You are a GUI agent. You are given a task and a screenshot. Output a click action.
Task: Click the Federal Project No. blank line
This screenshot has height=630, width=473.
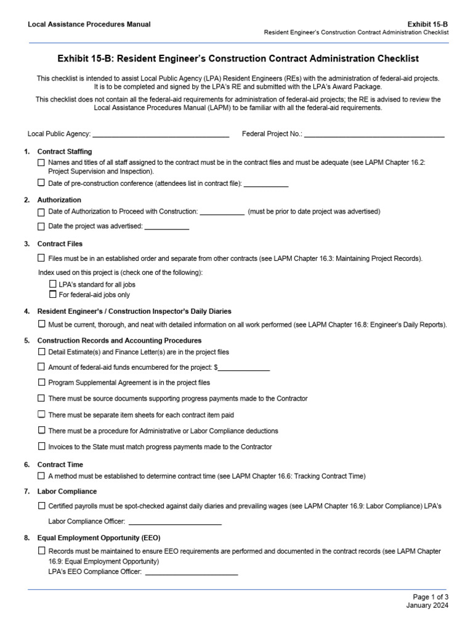click(x=374, y=134)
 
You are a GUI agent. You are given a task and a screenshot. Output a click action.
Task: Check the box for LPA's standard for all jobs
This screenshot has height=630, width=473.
click(x=52, y=284)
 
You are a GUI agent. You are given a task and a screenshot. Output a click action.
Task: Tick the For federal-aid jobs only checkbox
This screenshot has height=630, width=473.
click(x=52, y=294)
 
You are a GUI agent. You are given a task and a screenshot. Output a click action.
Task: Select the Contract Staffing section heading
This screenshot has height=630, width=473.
click(x=65, y=151)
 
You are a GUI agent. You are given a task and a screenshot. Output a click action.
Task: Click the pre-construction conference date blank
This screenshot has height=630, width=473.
click(x=266, y=183)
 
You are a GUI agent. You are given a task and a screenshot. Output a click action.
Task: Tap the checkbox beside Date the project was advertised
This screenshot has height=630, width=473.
click(x=41, y=226)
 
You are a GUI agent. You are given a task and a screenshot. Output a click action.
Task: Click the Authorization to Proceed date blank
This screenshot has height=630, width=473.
click(x=222, y=212)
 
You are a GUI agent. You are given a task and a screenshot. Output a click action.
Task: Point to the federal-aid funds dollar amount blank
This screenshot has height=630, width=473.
click(x=244, y=368)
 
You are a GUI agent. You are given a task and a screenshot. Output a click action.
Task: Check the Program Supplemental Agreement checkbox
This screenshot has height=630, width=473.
click(x=41, y=382)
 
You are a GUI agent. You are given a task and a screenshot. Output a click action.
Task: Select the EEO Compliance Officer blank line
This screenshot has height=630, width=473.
click(x=192, y=572)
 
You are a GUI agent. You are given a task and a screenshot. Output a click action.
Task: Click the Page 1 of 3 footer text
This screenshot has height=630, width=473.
click(x=431, y=597)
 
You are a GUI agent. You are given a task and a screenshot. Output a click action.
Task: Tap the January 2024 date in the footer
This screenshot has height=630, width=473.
click(x=427, y=605)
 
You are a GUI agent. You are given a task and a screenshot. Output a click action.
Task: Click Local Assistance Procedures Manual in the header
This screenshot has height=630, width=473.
click(x=89, y=25)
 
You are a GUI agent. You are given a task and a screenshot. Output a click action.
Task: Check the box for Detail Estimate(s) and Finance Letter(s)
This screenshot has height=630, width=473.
click(x=41, y=352)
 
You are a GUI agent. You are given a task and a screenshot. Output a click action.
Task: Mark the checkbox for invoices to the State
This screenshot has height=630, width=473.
click(x=41, y=446)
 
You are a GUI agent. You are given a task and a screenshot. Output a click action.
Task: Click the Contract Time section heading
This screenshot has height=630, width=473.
click(x=60, y=465)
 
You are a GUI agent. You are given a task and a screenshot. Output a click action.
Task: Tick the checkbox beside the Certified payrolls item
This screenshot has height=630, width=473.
click(x=41, y=506)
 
